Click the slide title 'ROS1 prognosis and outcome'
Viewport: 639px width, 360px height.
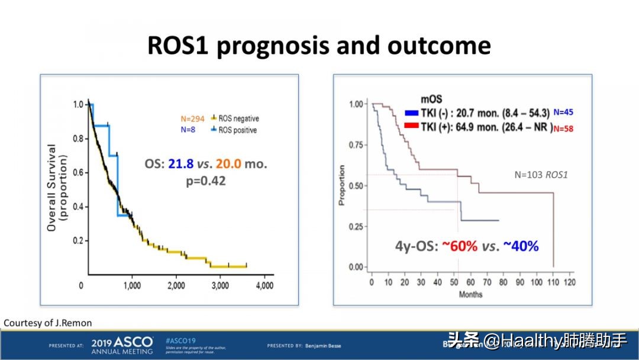(319, 46)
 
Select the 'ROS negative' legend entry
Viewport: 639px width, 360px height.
(237, 118)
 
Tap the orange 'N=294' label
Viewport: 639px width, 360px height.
(192, 118)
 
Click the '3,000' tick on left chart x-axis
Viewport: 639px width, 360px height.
(220, 285)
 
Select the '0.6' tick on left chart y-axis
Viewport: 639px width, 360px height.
(78, 172)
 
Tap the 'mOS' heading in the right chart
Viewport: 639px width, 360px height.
(431, 99)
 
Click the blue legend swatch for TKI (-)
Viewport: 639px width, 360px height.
(412, 112)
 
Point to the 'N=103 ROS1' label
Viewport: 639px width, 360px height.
(541, 175)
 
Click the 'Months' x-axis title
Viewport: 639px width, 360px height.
(470, 294)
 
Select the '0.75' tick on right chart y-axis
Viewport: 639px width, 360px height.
(356, 145)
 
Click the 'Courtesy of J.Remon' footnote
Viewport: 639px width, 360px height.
(48, 323)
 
